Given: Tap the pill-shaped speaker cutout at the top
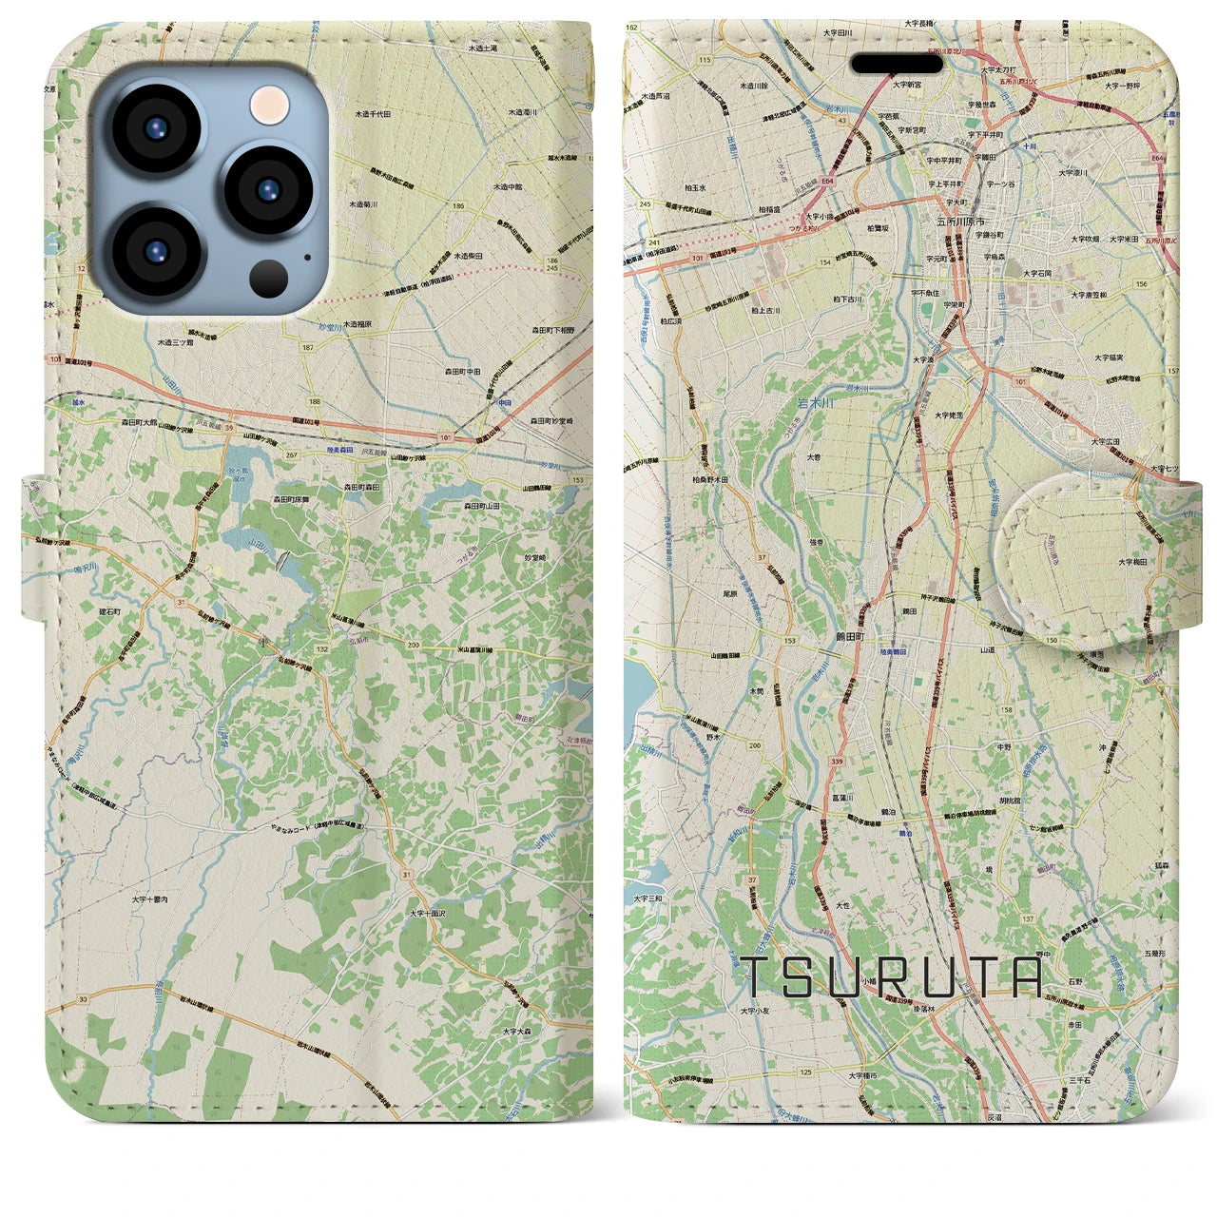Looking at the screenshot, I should click(x=897, y=63).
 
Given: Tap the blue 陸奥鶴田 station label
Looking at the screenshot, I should click(x=895, y=642).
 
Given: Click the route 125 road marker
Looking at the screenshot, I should click(x=806, y=1072).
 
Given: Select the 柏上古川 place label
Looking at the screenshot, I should click(x=763, y=311).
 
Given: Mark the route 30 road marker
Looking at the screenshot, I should click(x=84, y=999).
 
